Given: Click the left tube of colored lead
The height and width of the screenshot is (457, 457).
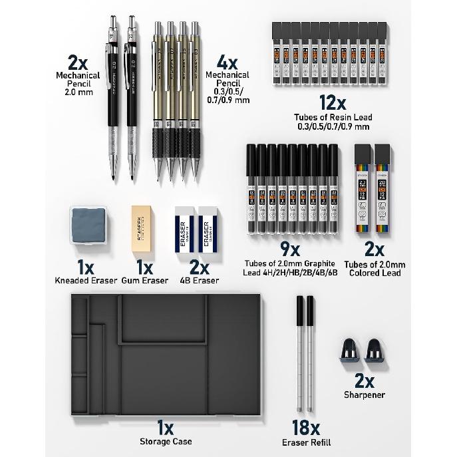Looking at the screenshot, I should pyautogui.click(x=363, y=189).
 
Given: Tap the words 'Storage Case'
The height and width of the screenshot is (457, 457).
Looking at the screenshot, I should pyautogui.click(x=166, y=442).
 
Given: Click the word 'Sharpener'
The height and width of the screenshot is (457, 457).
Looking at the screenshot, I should pyautogui.click(x=365, y=394).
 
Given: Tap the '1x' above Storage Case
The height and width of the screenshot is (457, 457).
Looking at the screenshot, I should pyautogui.click(x=166, y=426).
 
